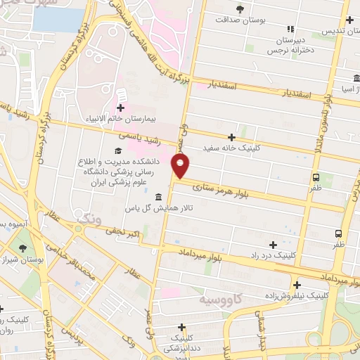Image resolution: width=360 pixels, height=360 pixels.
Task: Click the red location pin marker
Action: point(181,167)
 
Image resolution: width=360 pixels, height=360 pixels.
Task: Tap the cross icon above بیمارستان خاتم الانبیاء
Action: point(120,108)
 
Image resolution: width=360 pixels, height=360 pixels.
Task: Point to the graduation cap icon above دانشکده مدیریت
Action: point(117,150)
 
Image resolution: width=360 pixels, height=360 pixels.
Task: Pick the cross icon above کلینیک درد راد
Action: point(273,244)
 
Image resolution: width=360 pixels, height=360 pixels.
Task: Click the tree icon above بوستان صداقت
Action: point(240,8)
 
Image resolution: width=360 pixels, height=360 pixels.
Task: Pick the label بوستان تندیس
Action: point(340,32)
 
